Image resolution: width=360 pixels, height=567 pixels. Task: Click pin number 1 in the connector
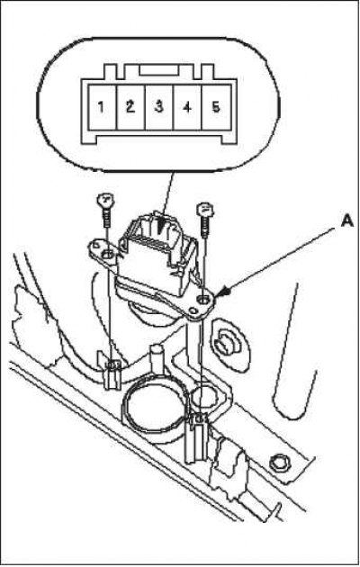103,107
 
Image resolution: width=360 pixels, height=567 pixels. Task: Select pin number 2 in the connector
130,107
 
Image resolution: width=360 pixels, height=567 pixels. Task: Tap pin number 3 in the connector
159,107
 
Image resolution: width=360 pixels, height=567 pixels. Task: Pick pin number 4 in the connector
187,107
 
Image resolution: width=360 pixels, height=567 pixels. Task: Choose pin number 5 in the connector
216,107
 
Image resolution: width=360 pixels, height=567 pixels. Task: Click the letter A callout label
347,221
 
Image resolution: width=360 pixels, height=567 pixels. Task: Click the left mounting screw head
106,199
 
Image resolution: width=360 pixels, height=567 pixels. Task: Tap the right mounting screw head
205,209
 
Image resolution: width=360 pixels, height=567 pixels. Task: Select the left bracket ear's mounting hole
107,255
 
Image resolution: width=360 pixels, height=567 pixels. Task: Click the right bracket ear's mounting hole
204,300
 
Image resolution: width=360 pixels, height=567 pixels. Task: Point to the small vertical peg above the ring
157,359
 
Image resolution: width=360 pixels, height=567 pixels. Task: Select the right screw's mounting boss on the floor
196,437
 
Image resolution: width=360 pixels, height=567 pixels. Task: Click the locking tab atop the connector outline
158,70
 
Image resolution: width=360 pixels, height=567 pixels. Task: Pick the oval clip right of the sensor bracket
228,344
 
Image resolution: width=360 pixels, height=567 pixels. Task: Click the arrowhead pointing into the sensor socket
161,227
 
